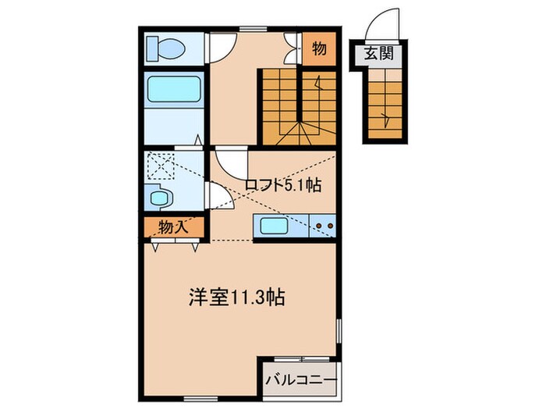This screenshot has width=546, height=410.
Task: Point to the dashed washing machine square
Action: tap(162, 166)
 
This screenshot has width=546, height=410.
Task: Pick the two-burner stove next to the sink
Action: tap(324, 227)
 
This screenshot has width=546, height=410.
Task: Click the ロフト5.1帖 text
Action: tap(282, 185)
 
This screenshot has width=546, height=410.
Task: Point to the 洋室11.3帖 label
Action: tap(236, 298)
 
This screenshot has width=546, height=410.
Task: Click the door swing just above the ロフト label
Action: tap(229, 162)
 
